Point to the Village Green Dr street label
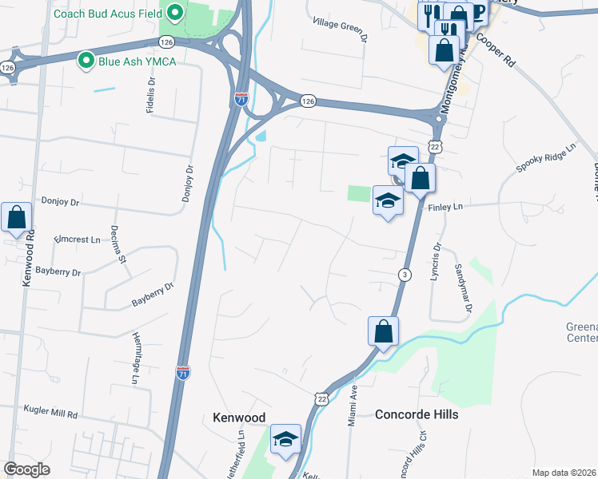341,30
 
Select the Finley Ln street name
446,207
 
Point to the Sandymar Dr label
464,287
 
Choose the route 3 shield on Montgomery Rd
405,275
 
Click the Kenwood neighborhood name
239,418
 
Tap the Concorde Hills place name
417,414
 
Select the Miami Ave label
352,406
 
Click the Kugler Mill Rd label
50,414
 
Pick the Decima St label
122,247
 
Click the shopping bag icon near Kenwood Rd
15,217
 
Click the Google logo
27,469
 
